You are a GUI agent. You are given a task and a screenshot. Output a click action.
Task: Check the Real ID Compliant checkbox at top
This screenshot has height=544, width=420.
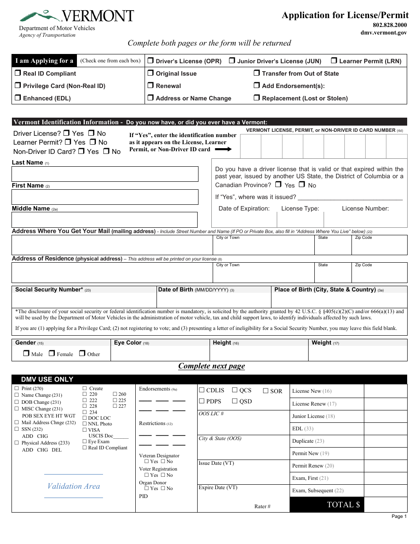click(x=18, y=73)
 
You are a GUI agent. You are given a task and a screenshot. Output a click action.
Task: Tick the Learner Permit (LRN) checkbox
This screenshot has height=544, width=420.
click(x=334, y=61)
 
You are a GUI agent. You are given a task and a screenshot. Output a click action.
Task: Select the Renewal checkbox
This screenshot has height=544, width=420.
click(x=151, y=86)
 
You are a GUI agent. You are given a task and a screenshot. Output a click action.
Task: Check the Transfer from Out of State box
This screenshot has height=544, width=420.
click(x=257, y=73)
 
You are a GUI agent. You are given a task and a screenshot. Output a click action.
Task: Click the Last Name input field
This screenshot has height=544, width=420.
click(x=105, y=174)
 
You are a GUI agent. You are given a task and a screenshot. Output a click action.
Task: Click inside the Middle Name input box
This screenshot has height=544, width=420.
click(x=104, y=220)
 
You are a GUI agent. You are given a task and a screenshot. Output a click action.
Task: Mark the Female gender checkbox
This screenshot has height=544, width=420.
click(x=52, y=353)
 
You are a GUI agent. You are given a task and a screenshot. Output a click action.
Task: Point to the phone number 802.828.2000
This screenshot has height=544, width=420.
click(x=389, y=25)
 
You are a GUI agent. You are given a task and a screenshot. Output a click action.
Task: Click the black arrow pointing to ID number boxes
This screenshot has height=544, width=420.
click(x=223, y=149)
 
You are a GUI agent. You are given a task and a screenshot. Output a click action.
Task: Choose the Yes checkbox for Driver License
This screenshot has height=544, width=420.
click(x=66, y=133)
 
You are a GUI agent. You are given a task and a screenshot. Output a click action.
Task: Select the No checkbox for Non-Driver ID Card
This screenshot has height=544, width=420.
click(x=106, y=151)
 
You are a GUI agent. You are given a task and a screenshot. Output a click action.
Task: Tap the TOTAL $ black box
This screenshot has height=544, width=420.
click(x=326, y=505)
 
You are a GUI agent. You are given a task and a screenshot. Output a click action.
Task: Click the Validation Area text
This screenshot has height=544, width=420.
click(x=73, y=486)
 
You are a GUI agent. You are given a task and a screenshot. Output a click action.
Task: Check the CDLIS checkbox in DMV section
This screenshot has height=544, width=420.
click(x=202, y=390)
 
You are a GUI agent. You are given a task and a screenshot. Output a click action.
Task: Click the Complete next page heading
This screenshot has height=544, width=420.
click(x=211, y=366)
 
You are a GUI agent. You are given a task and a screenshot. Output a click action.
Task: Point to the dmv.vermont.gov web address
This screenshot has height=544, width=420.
click(x=383, y=33)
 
